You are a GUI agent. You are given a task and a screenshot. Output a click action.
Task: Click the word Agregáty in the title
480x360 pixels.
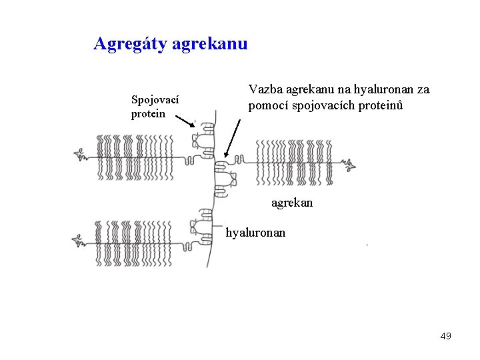(x=130, y=45)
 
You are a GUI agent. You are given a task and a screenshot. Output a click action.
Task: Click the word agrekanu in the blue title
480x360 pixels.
(x=209, y=45)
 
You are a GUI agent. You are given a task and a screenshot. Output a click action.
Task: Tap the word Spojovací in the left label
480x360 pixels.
(x=155, y=100)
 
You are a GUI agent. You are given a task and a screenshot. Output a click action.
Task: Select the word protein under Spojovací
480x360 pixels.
(x=148, y=113)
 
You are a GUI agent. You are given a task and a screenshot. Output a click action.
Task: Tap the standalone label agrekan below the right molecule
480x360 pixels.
(x=291, y=202)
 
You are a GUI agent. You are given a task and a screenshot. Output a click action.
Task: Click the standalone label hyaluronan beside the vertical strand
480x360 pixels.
(x=255, y=233)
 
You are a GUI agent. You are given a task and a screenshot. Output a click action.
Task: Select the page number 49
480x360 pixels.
(x=445, y=336)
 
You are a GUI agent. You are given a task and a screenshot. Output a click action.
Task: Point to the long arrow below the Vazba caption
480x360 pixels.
(x=233, y=138)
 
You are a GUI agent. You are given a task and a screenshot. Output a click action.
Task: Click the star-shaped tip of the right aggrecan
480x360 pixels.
(x=351, y=164)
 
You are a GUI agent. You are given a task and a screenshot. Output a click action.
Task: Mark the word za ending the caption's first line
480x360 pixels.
(x=423, y=89)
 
